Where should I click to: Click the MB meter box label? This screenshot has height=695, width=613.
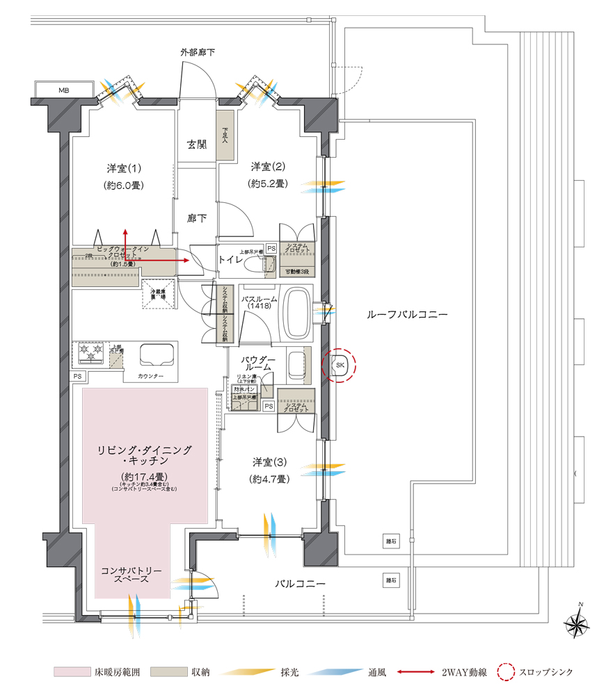pos(64,90)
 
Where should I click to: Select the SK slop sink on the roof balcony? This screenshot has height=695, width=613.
pos(340,365)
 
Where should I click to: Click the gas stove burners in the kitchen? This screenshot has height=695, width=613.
pos(90,353)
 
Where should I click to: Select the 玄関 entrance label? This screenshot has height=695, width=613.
pos(197,145)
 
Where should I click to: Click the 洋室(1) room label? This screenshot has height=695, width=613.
pos(124,168)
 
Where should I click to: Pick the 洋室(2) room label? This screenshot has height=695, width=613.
pos(269,167)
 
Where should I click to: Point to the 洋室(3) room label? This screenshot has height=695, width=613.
pos(269,461)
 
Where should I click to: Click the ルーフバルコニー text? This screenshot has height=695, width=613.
pos(407,314)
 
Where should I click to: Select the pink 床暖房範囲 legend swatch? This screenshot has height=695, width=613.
pos(71,672)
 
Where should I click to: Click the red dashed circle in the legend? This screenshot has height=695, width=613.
pos(507,672)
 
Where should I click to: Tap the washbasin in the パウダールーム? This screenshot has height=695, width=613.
pos(296,365)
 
